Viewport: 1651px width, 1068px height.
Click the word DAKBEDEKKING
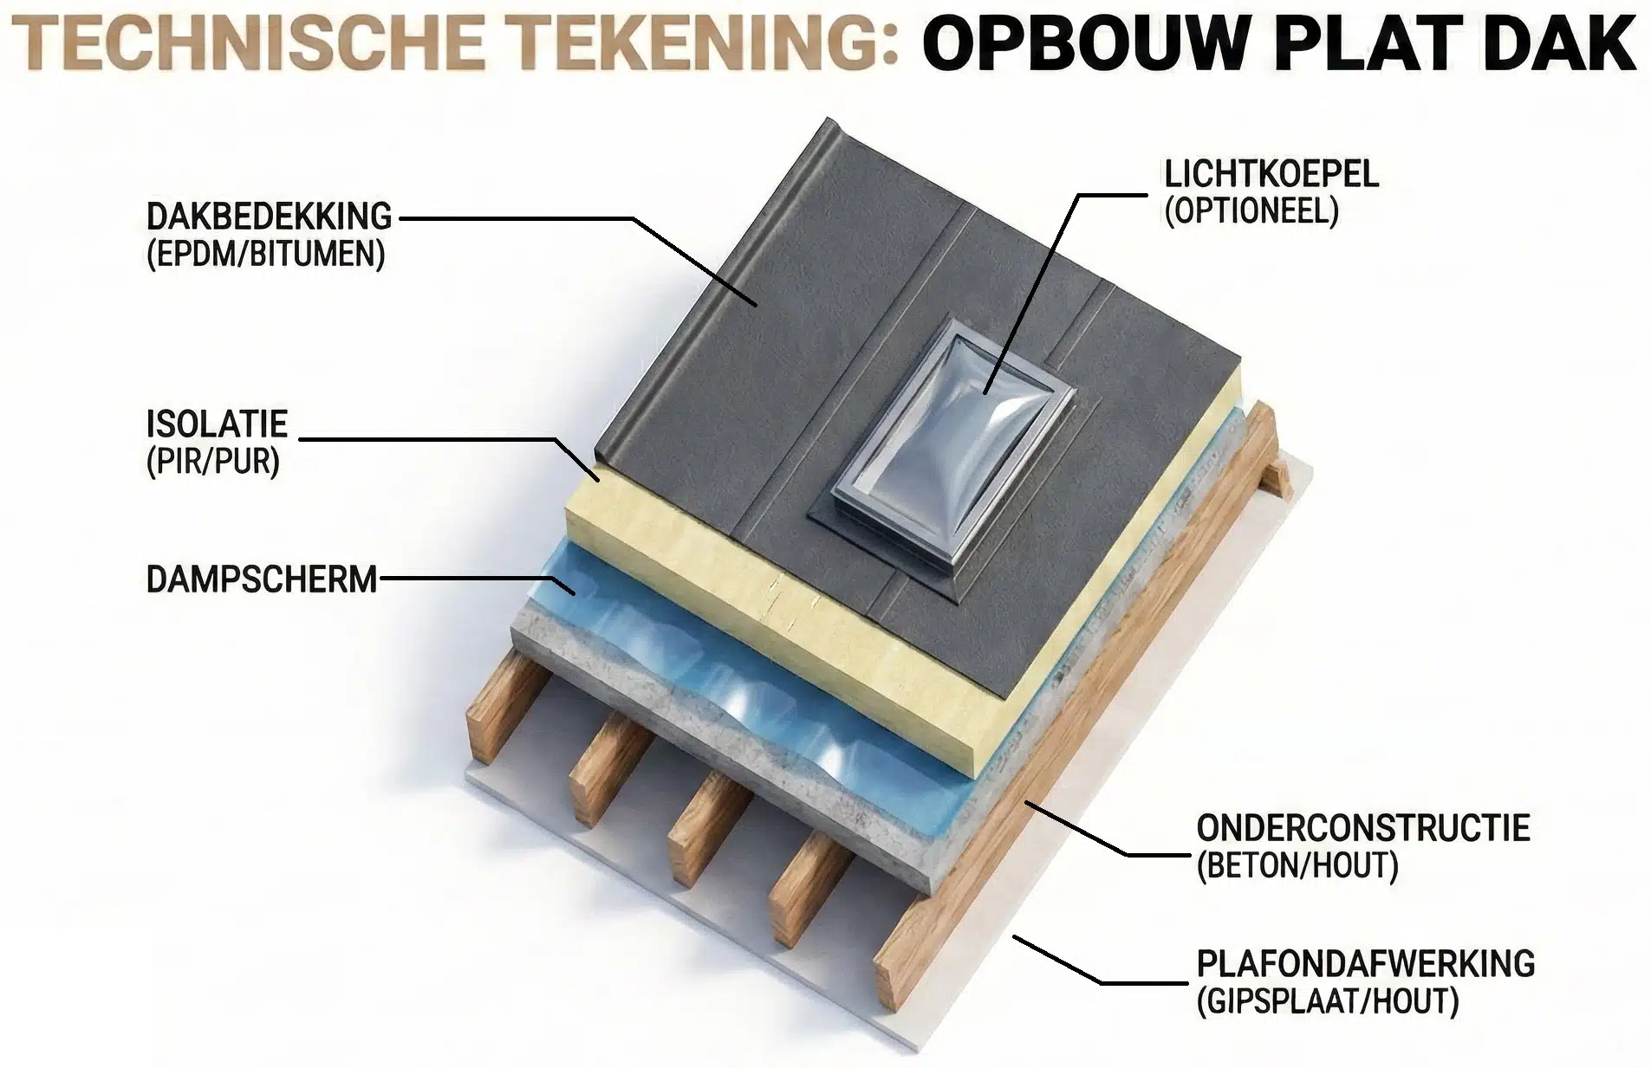point(269,217)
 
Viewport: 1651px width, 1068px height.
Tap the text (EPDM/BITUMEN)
point(265,255)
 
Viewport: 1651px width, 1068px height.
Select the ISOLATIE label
point(217,424)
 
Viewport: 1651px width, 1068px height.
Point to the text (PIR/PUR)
point(212,462)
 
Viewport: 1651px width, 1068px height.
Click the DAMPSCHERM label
point(262,579)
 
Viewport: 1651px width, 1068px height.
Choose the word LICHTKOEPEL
point(1271,174)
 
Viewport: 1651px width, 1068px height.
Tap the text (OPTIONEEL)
point(1251,210)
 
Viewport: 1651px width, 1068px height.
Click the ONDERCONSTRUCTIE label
point(1362,828)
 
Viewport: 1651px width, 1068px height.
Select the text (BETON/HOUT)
point(1297,865)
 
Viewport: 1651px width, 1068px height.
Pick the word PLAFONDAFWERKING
point(1365,964)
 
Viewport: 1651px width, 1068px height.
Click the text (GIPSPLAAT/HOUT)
point(1327,1001)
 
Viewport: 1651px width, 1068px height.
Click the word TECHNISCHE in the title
point(251,43)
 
